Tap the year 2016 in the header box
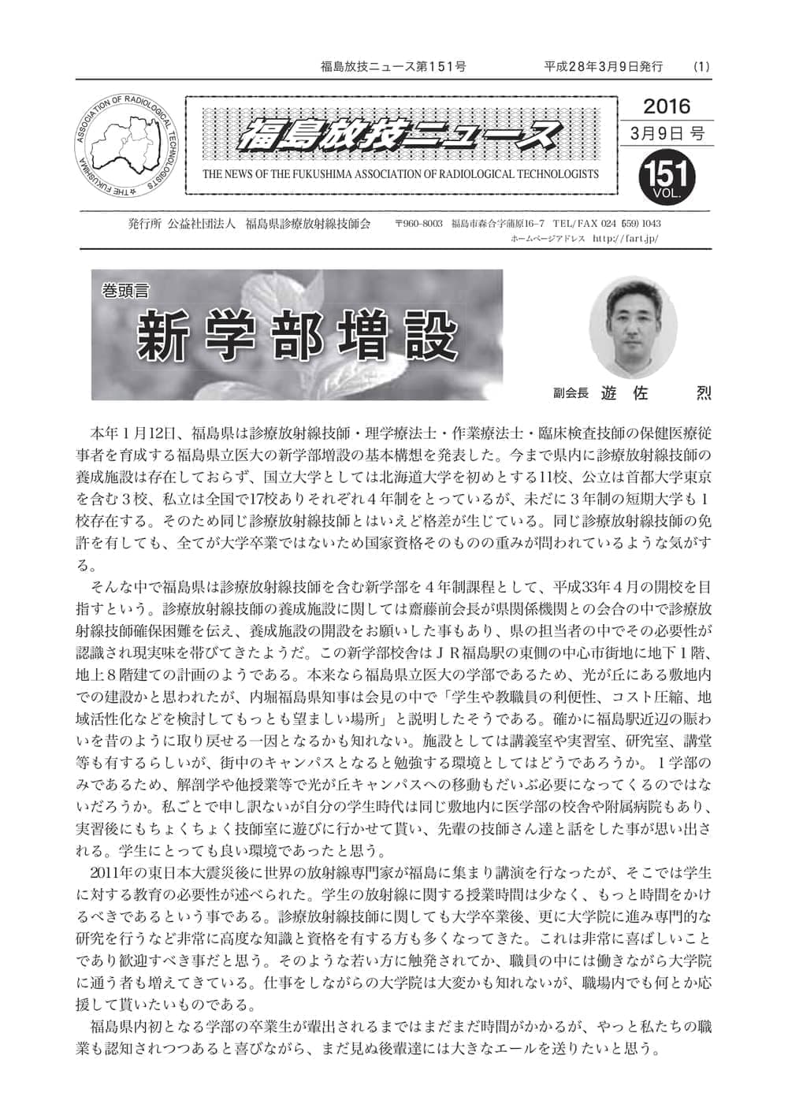[666, 106]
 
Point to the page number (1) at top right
[701, 67]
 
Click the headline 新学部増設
[297, 337]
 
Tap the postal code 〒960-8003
[418, 223]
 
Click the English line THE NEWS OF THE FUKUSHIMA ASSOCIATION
[400, 174]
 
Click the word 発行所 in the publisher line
[144, 223]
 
